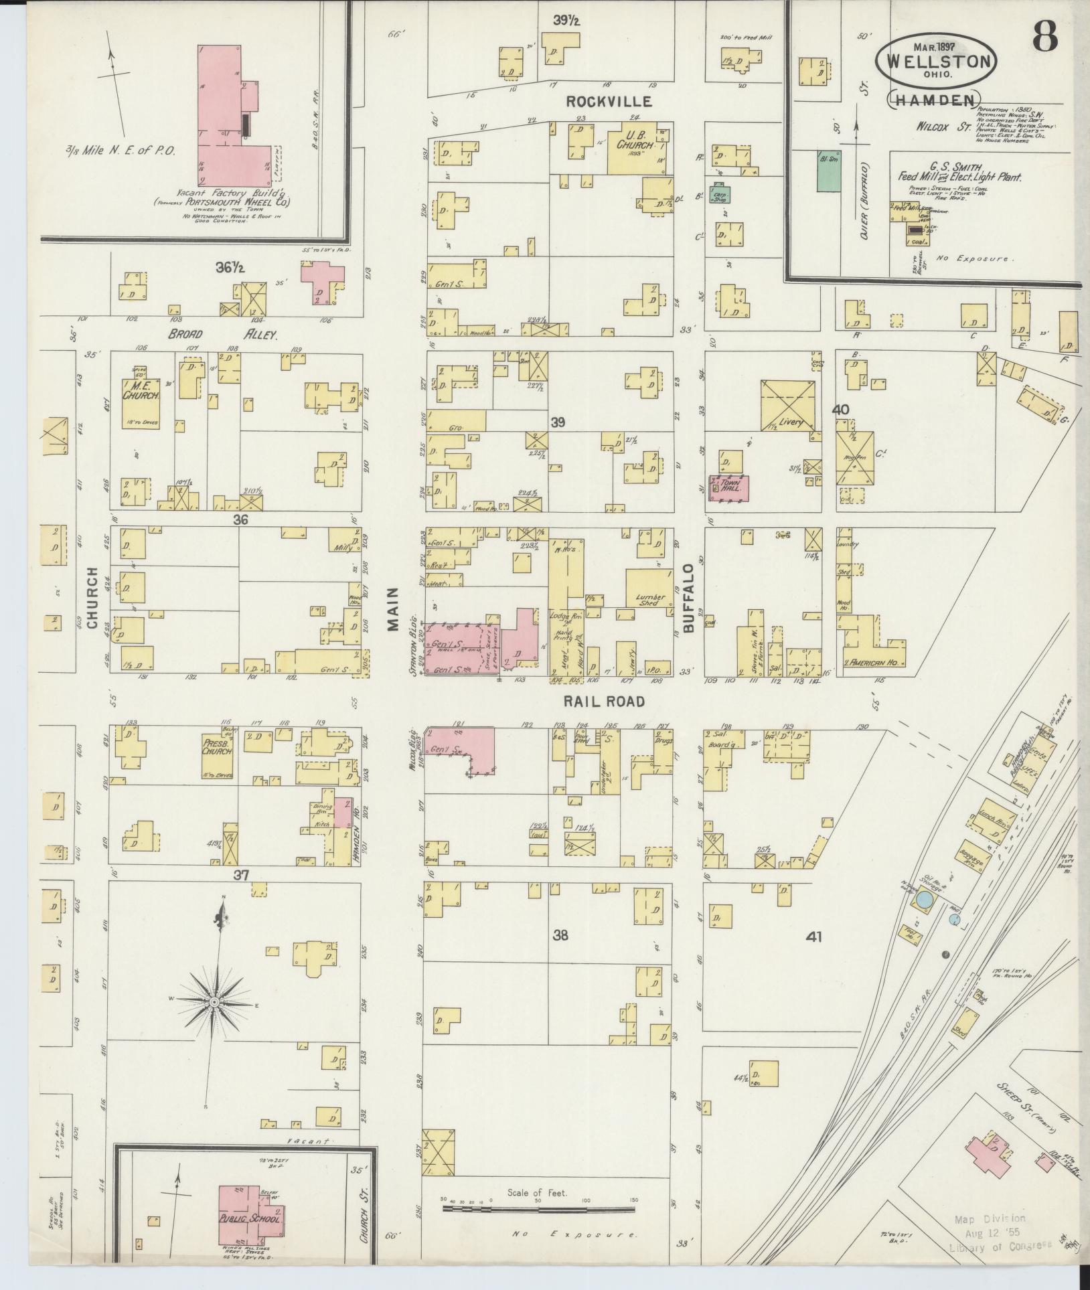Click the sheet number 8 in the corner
1044,37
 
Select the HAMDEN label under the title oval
933,100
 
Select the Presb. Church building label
218,746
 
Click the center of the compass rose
214,1020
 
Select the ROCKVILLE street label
609,102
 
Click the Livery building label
789,422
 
